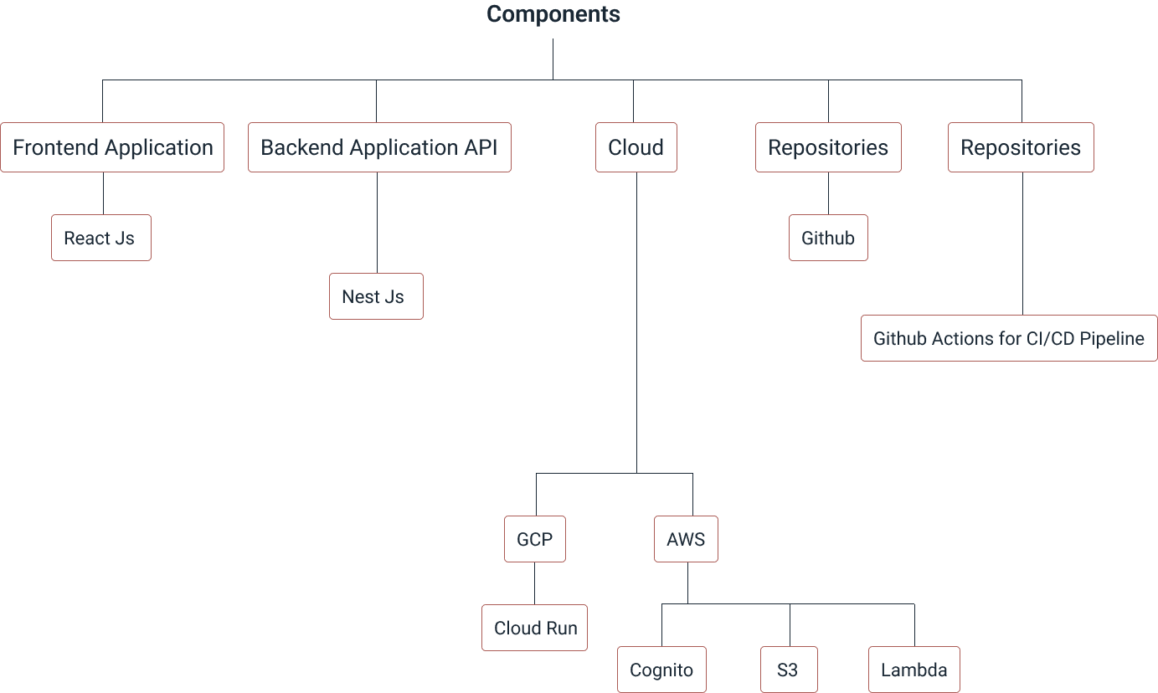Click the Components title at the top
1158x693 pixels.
pos(553,14)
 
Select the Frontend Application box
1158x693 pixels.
pos(112,147)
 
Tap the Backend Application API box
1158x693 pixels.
pos(379,147)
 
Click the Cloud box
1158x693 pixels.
pos(636,147)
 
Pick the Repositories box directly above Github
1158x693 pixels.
pos(828,147)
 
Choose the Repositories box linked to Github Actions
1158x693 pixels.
pos(1021,147)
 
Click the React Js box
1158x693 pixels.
pos(100,238)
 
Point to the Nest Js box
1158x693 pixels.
pos(375,296)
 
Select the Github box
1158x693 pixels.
pos(828,238)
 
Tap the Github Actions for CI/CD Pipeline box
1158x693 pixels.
pos(1008,338)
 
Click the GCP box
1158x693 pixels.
pos(534,539)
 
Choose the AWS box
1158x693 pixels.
pos(686,539)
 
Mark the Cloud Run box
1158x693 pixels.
pos(534,628)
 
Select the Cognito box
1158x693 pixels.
pos(661,670)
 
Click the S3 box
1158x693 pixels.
pos(789,670)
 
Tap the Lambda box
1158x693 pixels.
pos(914,670)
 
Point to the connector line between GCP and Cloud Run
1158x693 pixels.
pos(534,583)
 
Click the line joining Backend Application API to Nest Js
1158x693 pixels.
pos(376,223)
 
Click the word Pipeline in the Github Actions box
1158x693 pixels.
pos(1112,338)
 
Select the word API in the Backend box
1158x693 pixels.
pos(481,147)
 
